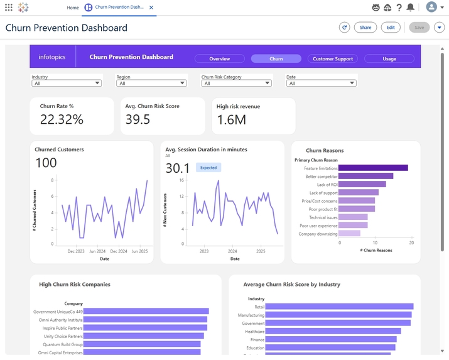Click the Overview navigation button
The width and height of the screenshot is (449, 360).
point(219,59)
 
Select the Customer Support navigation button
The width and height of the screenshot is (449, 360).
point(333,59)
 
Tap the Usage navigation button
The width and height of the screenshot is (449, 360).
point(389,59)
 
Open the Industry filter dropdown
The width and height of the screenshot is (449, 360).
point(67,83)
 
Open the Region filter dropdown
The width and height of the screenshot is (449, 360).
point(151,83)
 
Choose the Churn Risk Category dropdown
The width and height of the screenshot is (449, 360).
point(236,83)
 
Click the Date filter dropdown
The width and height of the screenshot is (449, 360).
point(321,83)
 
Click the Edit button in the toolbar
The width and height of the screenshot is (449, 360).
point(391,28)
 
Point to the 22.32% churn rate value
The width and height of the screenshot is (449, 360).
point(62,119)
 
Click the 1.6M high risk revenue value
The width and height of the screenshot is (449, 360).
point(232,119)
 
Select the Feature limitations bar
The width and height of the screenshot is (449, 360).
point(373,168)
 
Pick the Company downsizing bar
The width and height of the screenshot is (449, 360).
point(349,233)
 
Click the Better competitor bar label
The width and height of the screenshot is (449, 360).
point(321,177)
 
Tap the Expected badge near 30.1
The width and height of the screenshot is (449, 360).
point(208,168)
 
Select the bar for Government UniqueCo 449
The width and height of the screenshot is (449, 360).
point(146,311)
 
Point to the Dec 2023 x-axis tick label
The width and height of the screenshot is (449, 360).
point(75,251)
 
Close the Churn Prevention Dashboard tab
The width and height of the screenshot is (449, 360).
point(151,8)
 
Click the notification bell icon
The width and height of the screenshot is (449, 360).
point(410,8)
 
